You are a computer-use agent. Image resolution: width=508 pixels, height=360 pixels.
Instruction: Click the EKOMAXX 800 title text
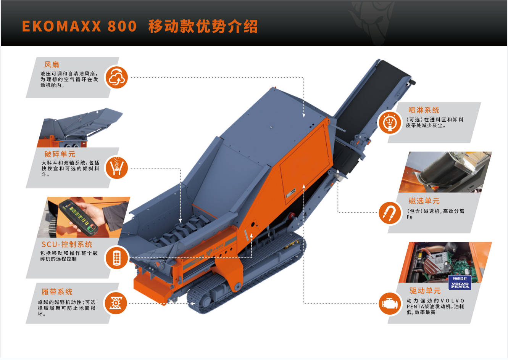79,26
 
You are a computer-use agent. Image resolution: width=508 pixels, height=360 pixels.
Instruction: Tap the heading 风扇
52,64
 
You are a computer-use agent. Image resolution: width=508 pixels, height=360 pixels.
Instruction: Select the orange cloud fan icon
116,77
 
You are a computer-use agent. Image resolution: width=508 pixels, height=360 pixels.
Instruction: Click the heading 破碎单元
60,154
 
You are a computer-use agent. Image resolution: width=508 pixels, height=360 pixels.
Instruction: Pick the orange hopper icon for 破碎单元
116,168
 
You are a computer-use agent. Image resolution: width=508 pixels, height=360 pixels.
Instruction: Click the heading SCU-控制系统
67,244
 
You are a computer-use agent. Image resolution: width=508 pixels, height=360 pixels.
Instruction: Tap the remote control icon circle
116,258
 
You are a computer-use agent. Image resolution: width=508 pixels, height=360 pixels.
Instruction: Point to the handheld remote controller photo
84,217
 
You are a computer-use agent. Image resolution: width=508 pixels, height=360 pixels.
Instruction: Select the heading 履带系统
57,292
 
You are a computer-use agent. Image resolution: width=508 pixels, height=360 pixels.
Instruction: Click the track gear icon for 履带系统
116,303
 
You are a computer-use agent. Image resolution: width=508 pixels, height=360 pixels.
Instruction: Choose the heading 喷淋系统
424,110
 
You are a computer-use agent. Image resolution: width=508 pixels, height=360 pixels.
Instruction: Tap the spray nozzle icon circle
390,123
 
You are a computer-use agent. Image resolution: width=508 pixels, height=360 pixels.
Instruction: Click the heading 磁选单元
424,201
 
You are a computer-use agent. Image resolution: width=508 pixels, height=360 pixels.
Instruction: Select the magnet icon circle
390,213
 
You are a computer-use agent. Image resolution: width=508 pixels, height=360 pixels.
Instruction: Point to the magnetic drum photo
445,172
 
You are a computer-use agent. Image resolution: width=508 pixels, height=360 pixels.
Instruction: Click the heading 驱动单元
425,291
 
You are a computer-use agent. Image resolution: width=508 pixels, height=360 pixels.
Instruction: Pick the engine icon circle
390,304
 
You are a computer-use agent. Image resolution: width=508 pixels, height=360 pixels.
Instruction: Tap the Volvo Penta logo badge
460,283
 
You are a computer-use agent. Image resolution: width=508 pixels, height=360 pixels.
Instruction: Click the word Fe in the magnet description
410,217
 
